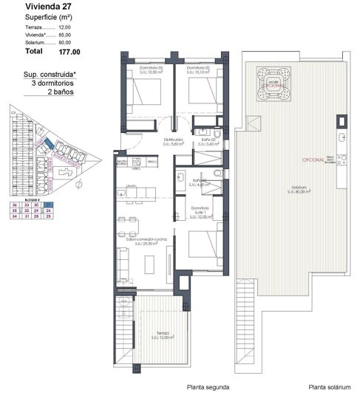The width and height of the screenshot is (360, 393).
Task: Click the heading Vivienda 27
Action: point(29,7)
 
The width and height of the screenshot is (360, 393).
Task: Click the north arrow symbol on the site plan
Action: point(80,185)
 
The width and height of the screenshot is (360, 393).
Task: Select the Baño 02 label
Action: point(208,142)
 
